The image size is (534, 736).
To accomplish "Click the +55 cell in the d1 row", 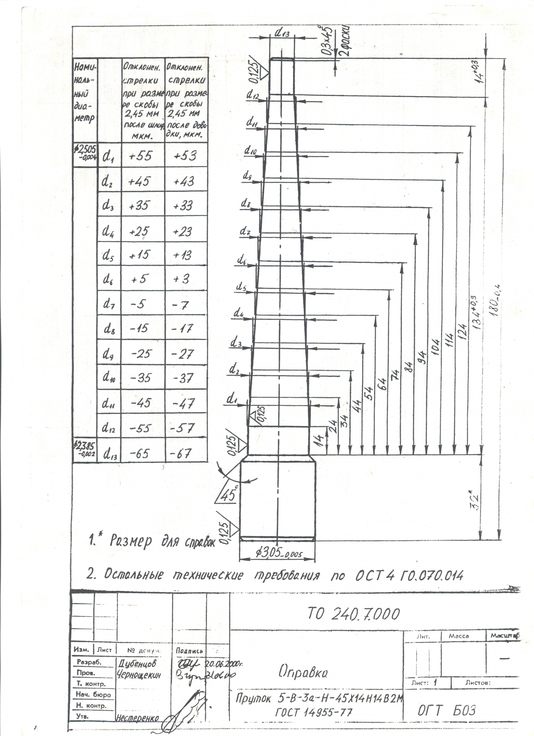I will point(140,156).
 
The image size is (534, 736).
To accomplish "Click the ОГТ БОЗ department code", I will point(446,710).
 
